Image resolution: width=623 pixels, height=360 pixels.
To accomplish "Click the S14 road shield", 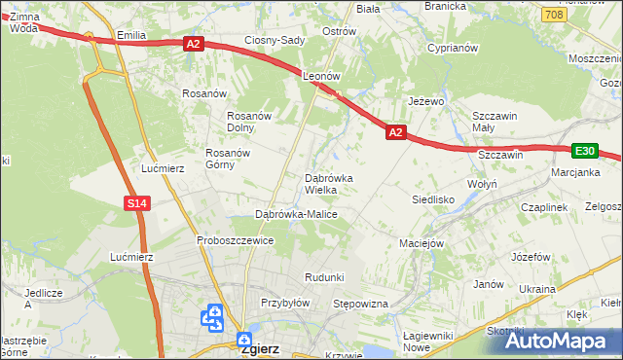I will (x=136, y=203).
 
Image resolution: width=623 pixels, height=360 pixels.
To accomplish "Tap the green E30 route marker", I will (x=584, y=151).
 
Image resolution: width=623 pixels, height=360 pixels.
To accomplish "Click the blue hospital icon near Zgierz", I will (x=212, y=316).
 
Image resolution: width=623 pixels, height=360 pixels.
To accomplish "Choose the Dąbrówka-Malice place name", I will (x=296, y=213).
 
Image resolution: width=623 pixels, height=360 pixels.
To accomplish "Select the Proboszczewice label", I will (x=234, y=240).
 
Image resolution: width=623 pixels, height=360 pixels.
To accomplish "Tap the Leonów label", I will (x=320, y=75).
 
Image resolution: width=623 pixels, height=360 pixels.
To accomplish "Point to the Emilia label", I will (x=130, y=35).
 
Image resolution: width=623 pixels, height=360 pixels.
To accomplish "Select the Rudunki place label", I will (x=324, y=277).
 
